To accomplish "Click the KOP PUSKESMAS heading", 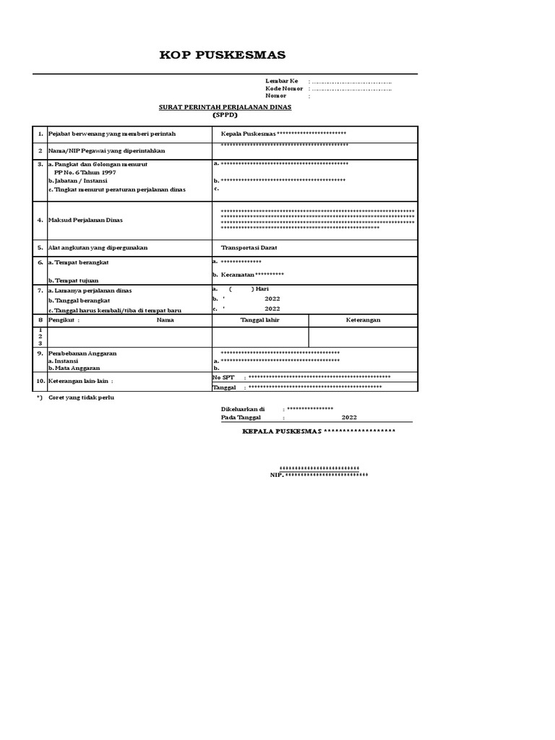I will coord(223,55).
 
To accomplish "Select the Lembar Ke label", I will coord(282,81).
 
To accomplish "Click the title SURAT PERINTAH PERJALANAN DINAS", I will coord(225,107).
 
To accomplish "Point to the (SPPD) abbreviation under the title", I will coord(225,115).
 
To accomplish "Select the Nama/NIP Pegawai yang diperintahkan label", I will coord(107,150).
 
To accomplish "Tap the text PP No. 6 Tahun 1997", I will coord(85,173).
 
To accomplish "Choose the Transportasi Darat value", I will coord(249,247).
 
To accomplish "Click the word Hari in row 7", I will coord(272,289).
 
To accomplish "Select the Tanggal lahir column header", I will coord(259,319).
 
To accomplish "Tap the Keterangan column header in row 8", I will coord(363,319).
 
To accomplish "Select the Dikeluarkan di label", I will coord(243,409).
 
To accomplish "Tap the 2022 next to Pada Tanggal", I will coord(349,417).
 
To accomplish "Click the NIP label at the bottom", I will coord(276,475).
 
